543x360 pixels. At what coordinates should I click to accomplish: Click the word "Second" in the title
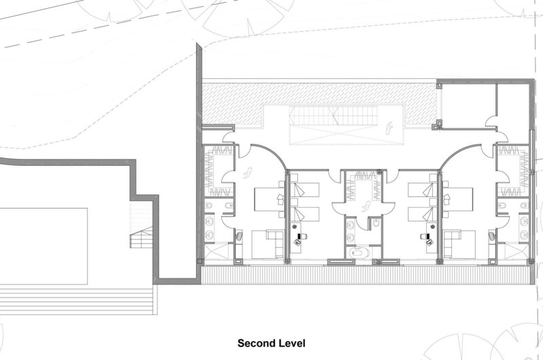tap(254, 344)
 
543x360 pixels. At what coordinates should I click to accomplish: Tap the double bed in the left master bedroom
tap(269, 199)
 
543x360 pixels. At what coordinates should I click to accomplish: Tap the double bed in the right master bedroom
tap(457, 199)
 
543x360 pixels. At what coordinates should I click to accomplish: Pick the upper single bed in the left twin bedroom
tap(304, 190)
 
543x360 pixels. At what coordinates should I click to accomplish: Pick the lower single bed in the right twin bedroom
tap(422, 214)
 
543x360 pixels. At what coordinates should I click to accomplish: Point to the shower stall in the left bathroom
tap(219, 251)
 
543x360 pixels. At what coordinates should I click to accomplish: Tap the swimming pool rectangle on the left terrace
tap(43, 246)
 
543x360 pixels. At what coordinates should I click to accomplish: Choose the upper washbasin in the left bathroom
tap(209, 221)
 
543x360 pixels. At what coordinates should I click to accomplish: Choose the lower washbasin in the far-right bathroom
tap(524, 234)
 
